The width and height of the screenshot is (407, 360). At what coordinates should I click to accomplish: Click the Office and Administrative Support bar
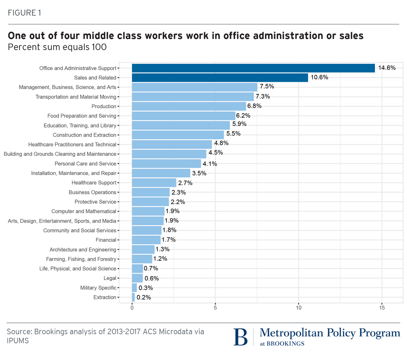tap(253, 68)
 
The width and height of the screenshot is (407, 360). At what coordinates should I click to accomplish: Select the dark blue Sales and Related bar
tap(220, 77)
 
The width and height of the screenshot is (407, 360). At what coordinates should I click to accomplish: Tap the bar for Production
tap(189, 106)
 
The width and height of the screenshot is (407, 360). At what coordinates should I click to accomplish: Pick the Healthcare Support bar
tap(154, 183)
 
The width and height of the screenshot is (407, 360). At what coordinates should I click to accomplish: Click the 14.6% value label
tap(387, 68)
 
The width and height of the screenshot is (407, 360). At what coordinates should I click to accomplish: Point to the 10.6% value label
tap(319, 77)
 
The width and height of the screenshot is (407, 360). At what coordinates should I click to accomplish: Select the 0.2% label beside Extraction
tap(144, 297)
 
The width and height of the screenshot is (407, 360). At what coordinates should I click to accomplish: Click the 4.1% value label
tap(210, 164)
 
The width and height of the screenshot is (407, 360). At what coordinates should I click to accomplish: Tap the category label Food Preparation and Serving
tap(82, 116)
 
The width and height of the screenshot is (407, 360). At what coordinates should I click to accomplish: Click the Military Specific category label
tap(98, 288)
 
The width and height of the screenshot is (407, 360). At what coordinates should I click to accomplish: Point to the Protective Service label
tap(95, 202)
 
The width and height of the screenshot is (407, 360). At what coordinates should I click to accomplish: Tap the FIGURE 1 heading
tap(24, 13)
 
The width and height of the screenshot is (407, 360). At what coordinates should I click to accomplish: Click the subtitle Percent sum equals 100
tap(57, 47)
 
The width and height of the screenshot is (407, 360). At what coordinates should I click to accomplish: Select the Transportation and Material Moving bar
tap(193, 97)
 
